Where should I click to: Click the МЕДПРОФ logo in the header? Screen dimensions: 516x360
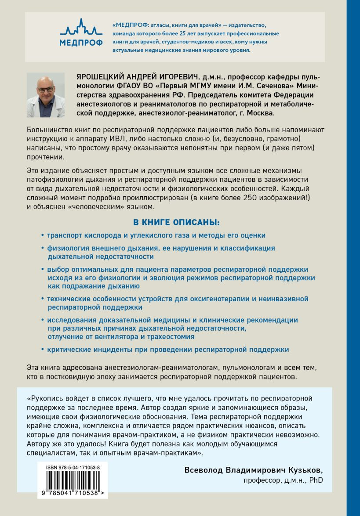(81, 32)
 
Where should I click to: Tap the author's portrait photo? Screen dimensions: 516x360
(46, 95)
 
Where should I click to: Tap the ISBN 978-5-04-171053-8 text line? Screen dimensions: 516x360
(73, 469)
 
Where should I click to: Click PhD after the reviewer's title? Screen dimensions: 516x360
(316, 480)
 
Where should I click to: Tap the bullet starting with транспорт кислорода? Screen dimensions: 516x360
(156, 235)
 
